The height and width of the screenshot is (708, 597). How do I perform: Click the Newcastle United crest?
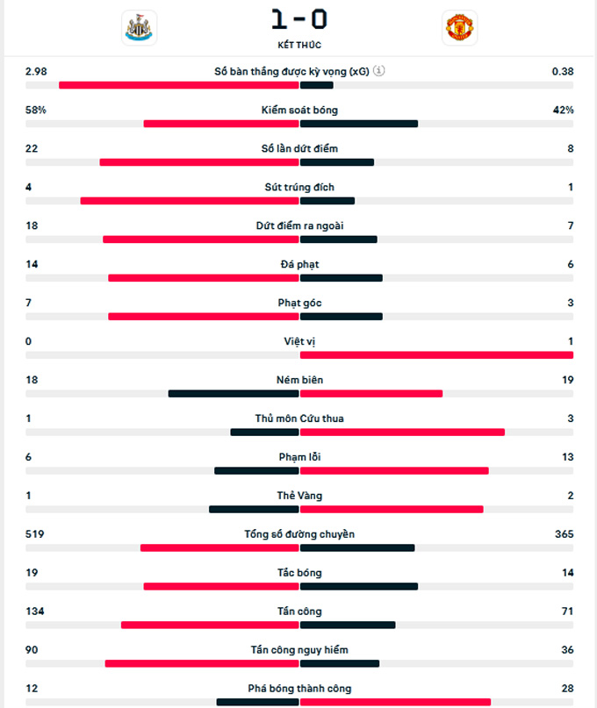(139, 27)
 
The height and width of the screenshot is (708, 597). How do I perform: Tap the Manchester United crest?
(459, 27)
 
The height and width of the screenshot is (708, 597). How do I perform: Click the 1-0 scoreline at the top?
(299, 18)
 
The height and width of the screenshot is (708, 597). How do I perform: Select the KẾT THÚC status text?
(299, 45)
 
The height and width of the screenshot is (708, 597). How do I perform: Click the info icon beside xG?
(378, 71)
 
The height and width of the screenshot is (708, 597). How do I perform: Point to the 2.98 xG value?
(36, 71)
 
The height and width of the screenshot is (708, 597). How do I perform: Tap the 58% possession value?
(36, 110)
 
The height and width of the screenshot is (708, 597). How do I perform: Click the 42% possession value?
(563, 110)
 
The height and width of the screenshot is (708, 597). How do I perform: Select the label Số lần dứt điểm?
(299, 148)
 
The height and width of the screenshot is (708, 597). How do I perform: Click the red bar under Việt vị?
(436, 355)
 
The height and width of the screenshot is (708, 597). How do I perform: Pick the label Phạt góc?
(299, 303)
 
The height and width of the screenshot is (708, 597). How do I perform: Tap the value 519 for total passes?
(35, 534)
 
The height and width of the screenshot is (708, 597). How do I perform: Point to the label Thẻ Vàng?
(299, 496)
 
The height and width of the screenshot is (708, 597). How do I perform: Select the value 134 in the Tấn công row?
(35, 611)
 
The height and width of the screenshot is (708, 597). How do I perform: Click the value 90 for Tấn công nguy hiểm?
(32, 650)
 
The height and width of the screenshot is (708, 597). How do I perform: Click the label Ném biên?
(299, 380)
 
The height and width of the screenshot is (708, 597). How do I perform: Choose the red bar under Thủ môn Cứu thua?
(402, 433)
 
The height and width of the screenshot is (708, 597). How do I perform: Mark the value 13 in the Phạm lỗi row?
(567, 457)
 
